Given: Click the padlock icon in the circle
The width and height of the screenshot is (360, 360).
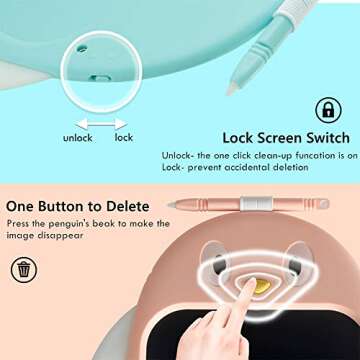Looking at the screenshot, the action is [x=328, y=110].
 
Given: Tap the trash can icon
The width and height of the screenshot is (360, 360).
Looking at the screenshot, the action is [x=24, y=269].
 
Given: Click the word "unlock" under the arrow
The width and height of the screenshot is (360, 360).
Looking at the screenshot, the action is [x=78, y=138].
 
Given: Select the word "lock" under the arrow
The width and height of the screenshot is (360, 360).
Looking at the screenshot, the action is [x=124, y=137].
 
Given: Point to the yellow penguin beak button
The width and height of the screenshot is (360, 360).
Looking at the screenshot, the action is [x=262, y=286].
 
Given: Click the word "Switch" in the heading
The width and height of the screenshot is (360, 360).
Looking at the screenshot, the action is [x=322, y=138].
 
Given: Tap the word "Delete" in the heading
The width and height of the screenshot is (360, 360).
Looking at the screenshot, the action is [x=128, y=206].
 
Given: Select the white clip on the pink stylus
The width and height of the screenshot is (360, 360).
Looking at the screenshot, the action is [x=256, y=203].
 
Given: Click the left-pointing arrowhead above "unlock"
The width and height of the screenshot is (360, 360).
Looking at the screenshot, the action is [x=82, y=124].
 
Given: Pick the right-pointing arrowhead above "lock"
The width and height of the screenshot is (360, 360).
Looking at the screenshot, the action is [x=121, y=124].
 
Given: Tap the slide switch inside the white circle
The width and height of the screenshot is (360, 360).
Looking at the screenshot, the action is [x=100, y=79].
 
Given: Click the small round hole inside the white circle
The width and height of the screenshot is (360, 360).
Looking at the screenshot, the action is [x=81, y=49].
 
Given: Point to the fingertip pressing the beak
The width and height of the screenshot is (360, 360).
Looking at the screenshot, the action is [x=249, y=284].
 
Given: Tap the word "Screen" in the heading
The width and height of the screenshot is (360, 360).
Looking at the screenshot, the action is [x=270, y=138].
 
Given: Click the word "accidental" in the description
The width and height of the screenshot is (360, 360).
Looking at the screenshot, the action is [x=247, y=167].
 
